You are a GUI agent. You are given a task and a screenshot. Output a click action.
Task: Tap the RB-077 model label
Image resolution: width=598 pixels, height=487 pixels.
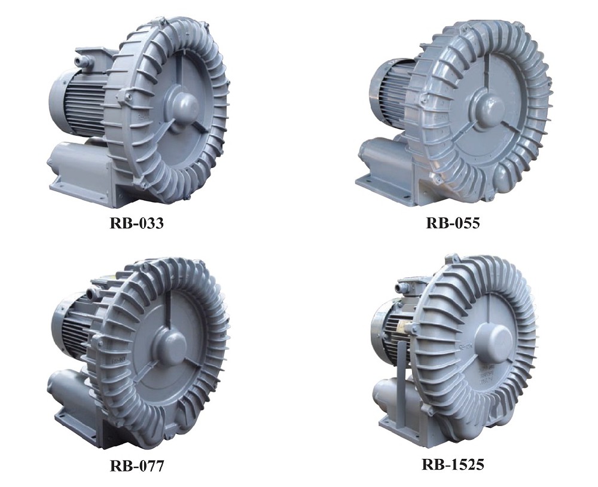pos(136,465)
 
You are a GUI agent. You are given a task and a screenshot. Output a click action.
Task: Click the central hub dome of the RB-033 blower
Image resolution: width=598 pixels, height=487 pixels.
pos(182,104)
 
